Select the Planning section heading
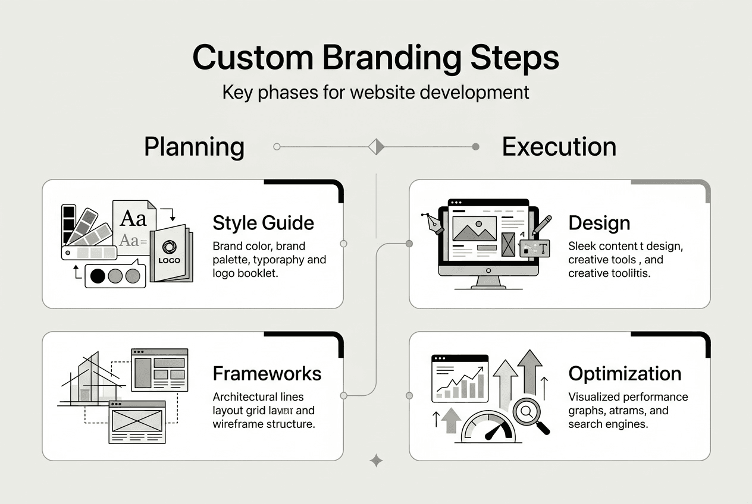point(194,147)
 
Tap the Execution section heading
point(559,147)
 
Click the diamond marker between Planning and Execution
point(376,146)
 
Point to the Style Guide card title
point(263,223)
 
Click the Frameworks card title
point(267,373)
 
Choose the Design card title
point(599,223)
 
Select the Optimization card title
point(625,373)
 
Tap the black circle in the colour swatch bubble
point(98,276)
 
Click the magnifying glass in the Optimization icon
point(527,411)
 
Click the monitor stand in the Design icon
point(488,282)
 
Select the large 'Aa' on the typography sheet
point(133,218)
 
